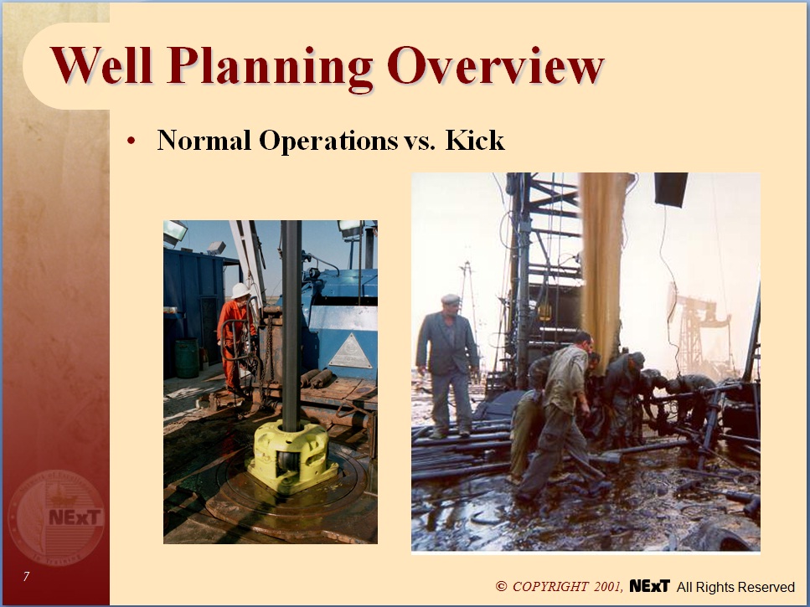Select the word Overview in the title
494,66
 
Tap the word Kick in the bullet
475,140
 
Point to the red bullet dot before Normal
131,141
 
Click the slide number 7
27,576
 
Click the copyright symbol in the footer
502,587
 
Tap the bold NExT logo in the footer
649,586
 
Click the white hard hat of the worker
240,291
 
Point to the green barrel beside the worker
188,358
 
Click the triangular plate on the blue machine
350,352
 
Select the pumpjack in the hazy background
699,322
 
